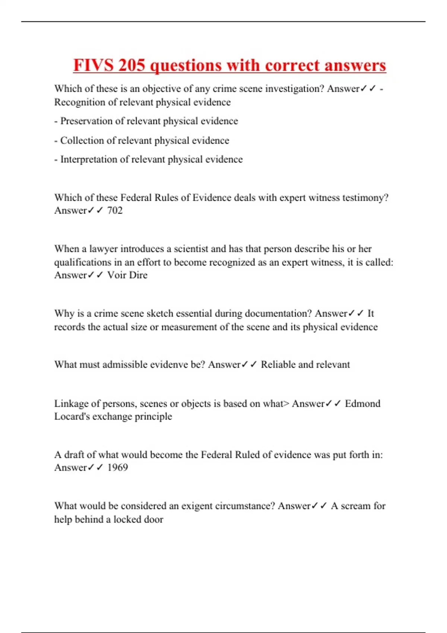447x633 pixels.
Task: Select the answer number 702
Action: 115,210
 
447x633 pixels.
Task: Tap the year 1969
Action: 117,467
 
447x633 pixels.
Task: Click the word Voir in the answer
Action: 117,275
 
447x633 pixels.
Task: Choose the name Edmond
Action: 362,403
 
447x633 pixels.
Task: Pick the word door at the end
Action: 153,519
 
